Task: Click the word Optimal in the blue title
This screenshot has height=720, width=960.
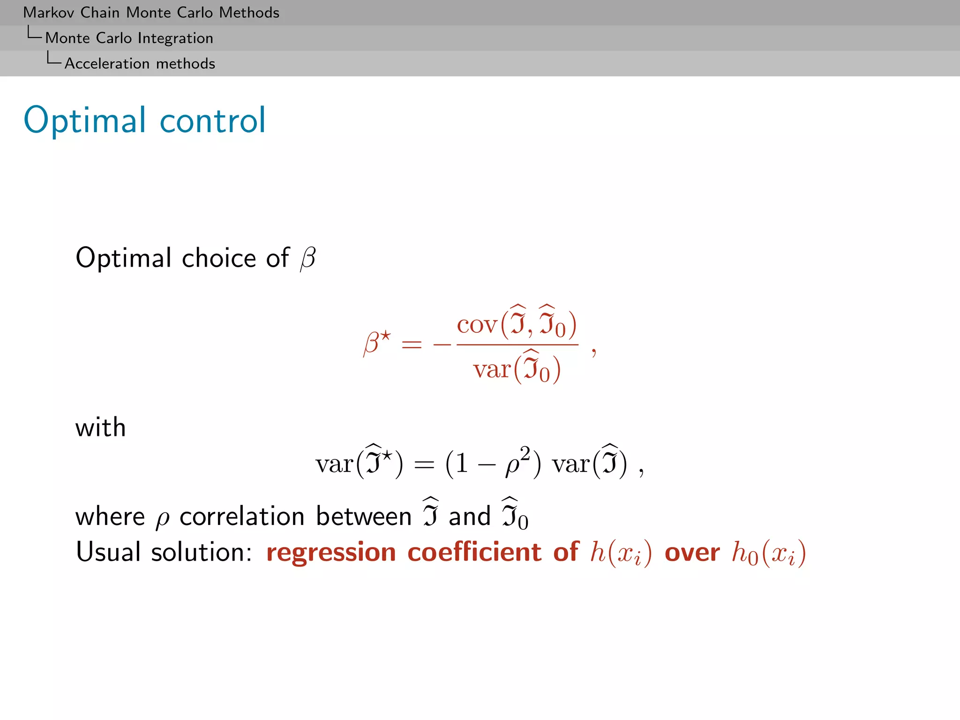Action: click(85, 120)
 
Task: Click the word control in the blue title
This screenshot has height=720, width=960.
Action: click(213, 120)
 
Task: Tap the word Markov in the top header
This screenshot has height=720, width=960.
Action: click(48, 13)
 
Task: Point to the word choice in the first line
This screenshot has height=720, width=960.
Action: click(219, 258)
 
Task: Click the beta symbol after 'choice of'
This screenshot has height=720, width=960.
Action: click(308, 258)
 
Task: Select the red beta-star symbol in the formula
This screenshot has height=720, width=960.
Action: click(376, 343)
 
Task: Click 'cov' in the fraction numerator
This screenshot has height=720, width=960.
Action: click(476, 324)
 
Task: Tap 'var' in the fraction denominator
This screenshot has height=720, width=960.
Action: click(491, 369)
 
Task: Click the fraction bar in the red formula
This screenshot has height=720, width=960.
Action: click(517, 345)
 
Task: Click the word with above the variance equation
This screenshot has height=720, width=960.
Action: click(100, 427)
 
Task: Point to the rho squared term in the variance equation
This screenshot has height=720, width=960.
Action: click(517, 462)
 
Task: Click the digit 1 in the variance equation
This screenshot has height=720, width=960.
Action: click(462, 464)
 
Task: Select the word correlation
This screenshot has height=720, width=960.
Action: click(242, 517)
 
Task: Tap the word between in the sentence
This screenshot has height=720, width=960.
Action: click(363, 517)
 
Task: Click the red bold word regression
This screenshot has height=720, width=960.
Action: click(331, 552)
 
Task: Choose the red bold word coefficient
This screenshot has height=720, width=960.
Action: click(474, 552)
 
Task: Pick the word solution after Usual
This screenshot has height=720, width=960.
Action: click(201, 552)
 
